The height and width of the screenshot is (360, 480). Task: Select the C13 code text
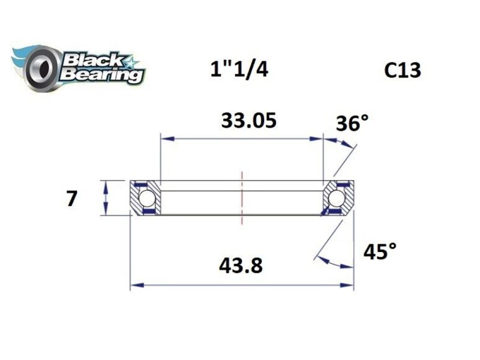(403, 71)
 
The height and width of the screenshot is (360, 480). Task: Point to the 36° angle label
(352, 124)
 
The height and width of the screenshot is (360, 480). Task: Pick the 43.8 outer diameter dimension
(242, 265)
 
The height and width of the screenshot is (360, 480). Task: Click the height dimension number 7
(71, 198)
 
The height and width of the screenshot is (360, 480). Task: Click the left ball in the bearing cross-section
(146, 198)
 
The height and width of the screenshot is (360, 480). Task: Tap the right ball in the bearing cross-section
(337, 198)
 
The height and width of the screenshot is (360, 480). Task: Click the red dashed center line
(242, 198)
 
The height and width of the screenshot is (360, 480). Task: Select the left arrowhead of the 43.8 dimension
(136, 286)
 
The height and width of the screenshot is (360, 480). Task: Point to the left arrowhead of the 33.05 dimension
(164, 139)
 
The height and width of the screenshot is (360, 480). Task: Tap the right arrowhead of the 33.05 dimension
(319, 139)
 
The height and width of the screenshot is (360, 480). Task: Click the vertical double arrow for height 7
(106, 198)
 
